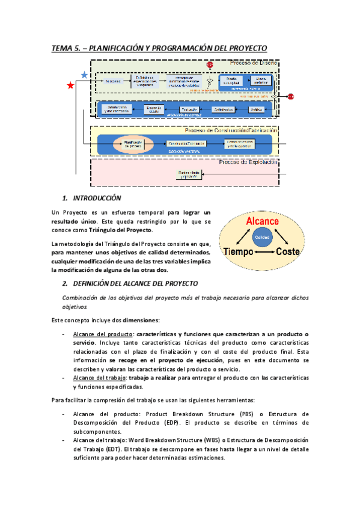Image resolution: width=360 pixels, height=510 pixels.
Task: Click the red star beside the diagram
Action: point(71,86)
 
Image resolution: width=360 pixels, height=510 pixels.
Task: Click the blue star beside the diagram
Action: point(84,75)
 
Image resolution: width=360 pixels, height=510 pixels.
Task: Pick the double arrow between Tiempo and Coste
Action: point(260,253)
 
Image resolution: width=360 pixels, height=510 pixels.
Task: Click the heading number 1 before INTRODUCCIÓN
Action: point(64,198)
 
